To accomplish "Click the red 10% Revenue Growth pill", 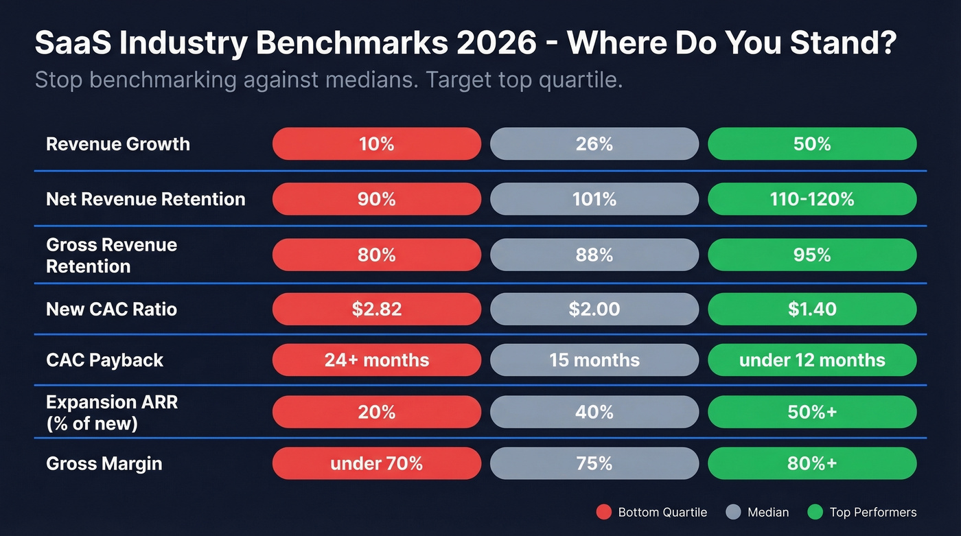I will point(376,144).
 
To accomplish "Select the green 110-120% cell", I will point(811,199).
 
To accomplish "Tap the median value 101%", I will point(594,199).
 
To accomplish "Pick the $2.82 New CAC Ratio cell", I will point(376,309).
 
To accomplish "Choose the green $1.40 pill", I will point(811,309).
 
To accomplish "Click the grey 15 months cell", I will point(594,360).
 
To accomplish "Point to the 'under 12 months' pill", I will point(811,360).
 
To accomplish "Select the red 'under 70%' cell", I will point(376,463).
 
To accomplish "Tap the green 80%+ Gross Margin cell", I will point(811,463).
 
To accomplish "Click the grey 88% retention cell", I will point(594,255).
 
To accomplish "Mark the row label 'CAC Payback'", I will point(104,360).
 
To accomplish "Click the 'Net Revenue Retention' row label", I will point(146,199).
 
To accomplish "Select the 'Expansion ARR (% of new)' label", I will point(111,412).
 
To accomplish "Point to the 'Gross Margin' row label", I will point(104,463).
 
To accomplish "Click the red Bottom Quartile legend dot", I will point(603,512).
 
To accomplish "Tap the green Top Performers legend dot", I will point(815,512).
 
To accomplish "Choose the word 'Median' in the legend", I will point(768,512).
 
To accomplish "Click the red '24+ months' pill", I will point(376,360).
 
